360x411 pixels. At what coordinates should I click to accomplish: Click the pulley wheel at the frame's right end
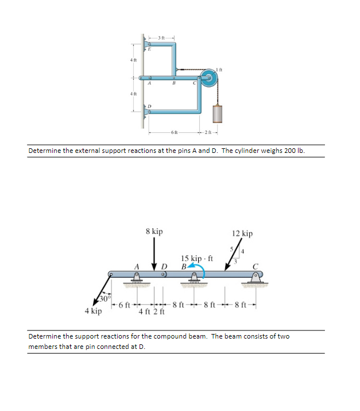click(x=208, y=78)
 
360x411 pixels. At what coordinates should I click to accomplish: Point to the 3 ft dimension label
click(x=161, y=38)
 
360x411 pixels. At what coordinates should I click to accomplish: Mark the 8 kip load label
click(x=154, y=232)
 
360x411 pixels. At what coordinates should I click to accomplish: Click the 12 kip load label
click(x=242, y=234)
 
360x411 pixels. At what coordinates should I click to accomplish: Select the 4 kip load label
click(x=93, y=311)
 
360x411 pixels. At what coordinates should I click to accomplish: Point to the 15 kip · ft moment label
click(x=197, y=259)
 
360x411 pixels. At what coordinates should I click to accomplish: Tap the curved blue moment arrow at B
click(x=192, y=267)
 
